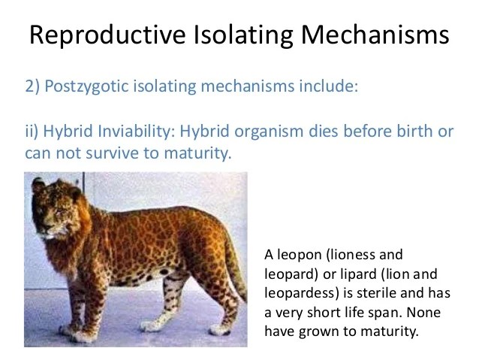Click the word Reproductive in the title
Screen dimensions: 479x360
(107, 35)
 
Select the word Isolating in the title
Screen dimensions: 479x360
(243, 35)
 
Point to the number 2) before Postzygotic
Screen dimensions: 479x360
(32, 86)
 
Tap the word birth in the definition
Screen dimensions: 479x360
(415, 132)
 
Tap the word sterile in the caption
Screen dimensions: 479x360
(376, 293)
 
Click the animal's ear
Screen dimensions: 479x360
(38, 184)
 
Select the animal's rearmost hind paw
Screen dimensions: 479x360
(219, 329)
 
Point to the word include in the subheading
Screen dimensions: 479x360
(328, 86)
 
